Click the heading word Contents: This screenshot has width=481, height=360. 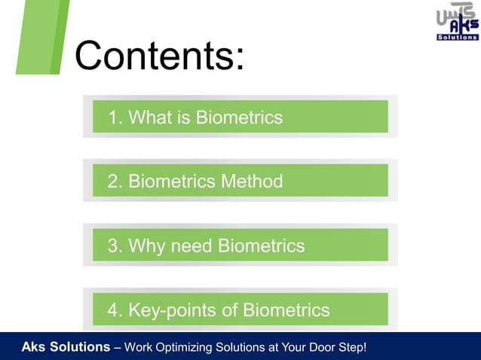tap(159, 55)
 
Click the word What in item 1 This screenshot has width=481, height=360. tap(151, 117)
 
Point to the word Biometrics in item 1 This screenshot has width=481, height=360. tap(239, 117)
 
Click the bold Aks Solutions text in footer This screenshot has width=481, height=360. tap(65, 347)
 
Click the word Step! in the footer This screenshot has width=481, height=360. tap(351, 347)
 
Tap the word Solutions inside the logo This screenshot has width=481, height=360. tap(457, 36)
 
